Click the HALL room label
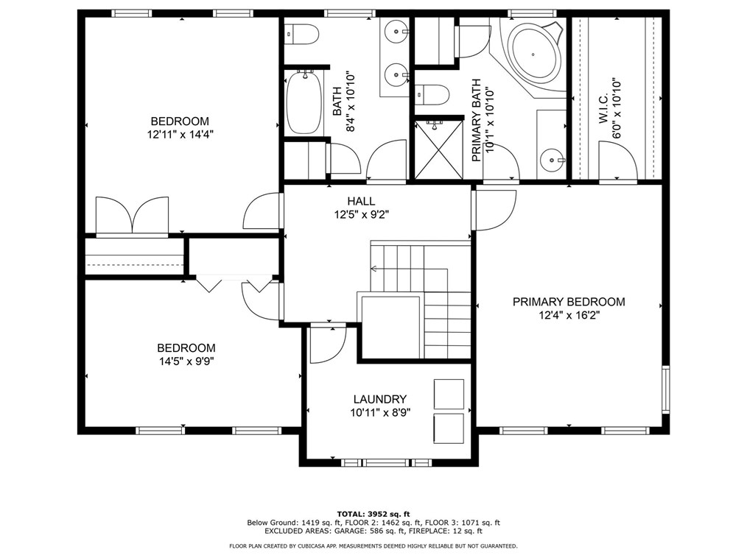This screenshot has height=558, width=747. click(x=361, y=202)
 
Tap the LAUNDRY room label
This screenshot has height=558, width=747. click(x=379, y=400)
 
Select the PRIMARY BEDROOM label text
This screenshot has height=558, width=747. click(x=569, y=302)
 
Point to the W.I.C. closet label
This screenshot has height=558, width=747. click(x=603, y=108)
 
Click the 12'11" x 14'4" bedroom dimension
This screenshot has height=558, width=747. click(x=180, y=135)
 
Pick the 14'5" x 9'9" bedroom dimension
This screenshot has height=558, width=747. click(x=186, y=361)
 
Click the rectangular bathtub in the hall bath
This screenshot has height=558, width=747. click(x=305, y=102)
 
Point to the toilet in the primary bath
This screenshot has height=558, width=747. click(x=432, y=95)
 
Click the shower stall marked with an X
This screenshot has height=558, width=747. click(x=438, y=150)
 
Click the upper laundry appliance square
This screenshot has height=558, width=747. click(x=449, y=394)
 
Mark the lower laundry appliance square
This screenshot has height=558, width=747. click(x=449, y=428)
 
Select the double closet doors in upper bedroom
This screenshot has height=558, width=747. click(x=133, y=216)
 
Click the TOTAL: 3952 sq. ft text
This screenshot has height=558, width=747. click(x=373, y=514)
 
